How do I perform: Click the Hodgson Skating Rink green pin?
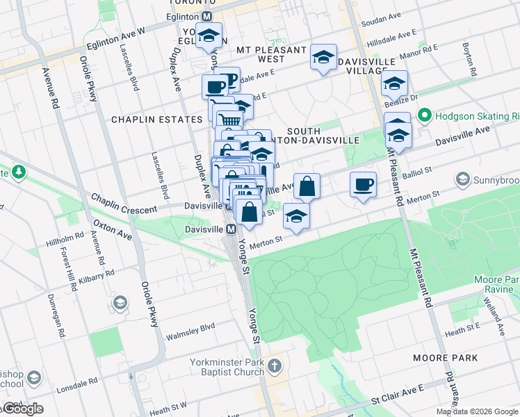pos(424,115)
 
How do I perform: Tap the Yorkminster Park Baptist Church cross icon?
pos(275,366)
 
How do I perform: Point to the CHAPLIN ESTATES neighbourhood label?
pos(156,120)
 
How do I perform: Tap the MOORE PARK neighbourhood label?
pos(445,357)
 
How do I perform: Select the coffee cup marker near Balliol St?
pos(363,186)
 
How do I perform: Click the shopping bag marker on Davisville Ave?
pos(307,187)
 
